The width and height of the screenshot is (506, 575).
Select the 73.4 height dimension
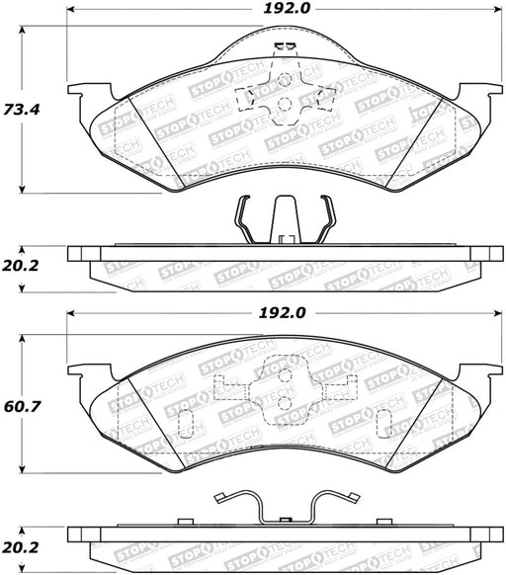pos(22,110)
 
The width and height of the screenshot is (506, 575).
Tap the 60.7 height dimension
pos(22,406)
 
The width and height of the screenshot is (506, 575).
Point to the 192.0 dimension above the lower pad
pos(282,313)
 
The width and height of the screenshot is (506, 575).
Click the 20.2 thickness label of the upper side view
pos(20,266)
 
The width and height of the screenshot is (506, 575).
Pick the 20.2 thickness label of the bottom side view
pos(20,547)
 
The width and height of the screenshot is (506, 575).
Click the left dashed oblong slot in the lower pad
pos(185,424)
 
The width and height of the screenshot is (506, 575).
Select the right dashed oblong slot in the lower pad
pos(384,424)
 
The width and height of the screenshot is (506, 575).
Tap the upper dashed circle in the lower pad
pos(285,375)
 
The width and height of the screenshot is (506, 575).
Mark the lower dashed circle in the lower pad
pos(285,403)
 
